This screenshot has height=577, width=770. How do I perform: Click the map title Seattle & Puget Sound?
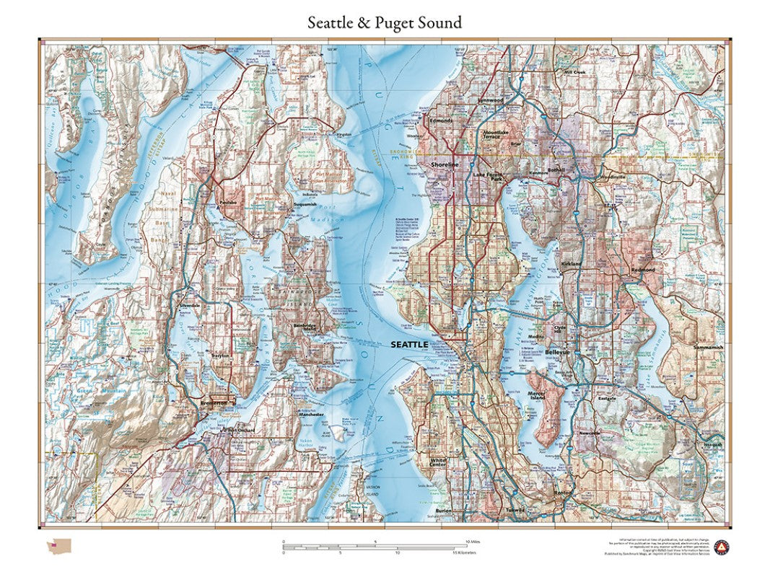[x=385, y=22]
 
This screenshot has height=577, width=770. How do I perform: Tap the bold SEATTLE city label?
[x=409, y=345]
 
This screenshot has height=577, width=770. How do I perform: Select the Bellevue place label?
[x=557, y=352]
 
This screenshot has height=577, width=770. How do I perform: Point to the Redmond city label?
[x=642, y=270]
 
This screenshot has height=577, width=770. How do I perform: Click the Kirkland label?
[x=572, y=265]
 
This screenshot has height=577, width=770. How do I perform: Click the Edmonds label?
[x=441, y=120]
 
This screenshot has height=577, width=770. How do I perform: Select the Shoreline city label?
[x=445, y=164]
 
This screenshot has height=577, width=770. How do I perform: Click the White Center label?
[x=438, y=462]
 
